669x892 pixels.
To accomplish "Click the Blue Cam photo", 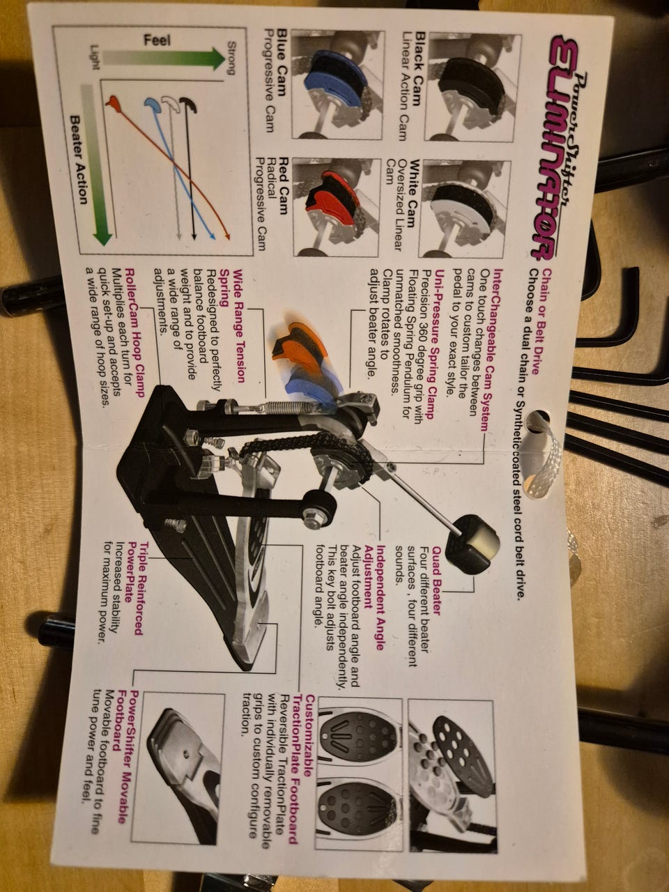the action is (x=338, y=84).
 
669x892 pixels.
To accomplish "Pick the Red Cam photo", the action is (x=337, y=207).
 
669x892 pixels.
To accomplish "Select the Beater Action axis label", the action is (x=79, y=160).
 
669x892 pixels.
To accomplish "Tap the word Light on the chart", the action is (x=95, y=57).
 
